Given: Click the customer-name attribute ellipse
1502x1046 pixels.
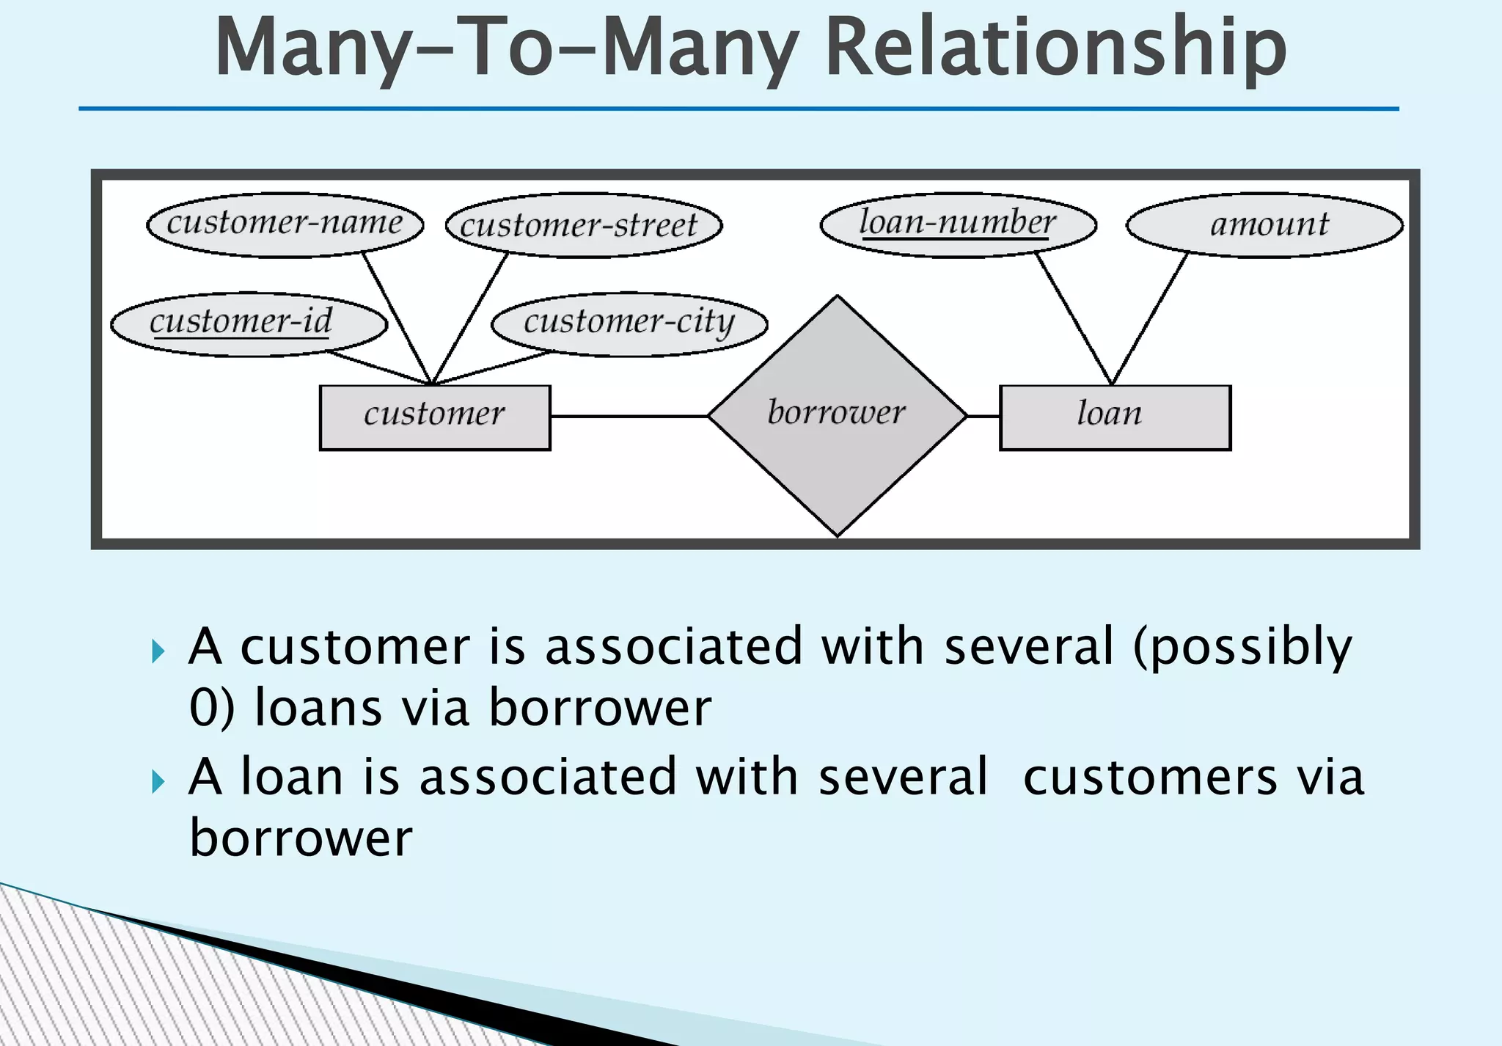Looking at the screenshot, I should (x=285, y=224).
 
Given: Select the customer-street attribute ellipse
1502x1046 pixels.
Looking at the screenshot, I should (x=584, y=225).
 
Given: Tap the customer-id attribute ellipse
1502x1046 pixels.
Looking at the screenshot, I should (x=249, y=323).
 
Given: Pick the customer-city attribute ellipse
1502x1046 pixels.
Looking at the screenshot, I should (x=629, y=323).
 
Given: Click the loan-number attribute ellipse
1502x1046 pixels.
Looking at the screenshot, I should (x=958, y=224).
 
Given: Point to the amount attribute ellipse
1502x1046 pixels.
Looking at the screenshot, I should (x=1264, y=224).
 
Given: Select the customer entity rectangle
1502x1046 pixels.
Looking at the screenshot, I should (x=435, y=417).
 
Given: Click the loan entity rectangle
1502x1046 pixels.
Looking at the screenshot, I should (x=1115, y=417).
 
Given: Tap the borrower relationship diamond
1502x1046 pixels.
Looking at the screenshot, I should (x=837, y=415).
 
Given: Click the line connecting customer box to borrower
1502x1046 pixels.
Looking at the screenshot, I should (x=629, y=416).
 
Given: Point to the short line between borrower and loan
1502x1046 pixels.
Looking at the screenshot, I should (x=983, y=416).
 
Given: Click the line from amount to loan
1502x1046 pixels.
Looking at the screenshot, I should (x=1150, y=318).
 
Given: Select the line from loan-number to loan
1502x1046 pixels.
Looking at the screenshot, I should (x=1074, y=318).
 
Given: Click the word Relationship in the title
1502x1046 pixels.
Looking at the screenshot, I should (x=1055, y=48).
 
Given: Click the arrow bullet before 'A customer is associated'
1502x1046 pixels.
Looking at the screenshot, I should (x=158, y=651).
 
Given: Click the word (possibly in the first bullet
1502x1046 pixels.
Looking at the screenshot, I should (x=1242, y=648).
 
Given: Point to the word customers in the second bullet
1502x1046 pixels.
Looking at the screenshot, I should (x=1149, y=778).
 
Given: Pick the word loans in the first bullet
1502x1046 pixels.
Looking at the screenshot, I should (x=318, y=709).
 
